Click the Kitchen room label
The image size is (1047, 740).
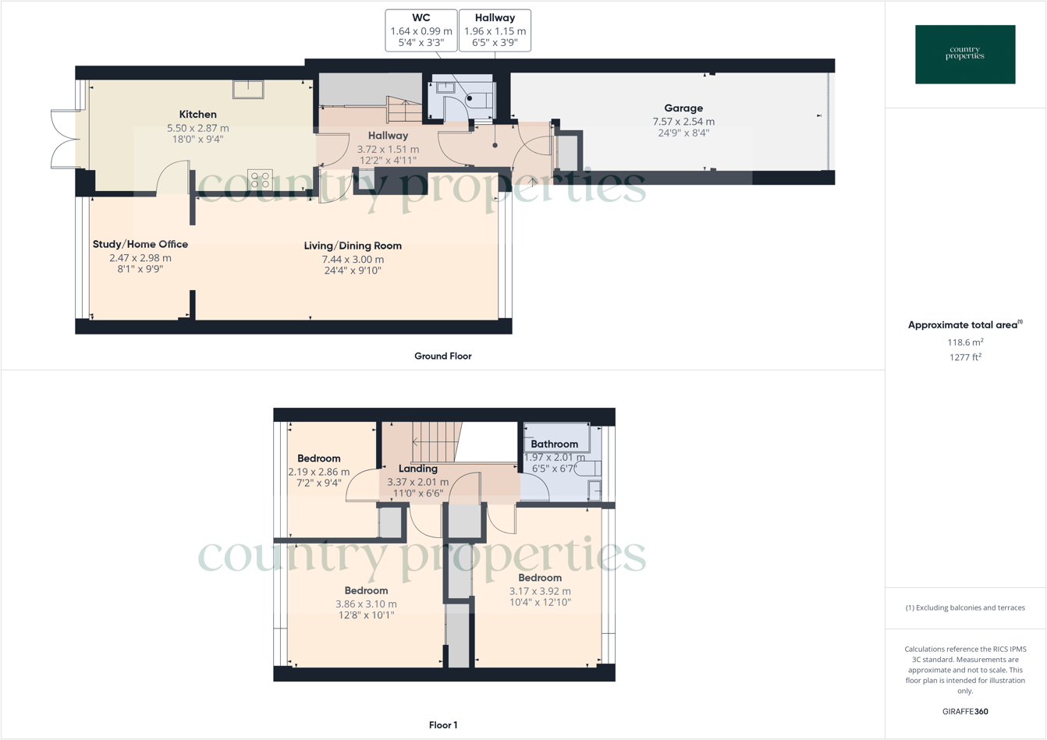197,115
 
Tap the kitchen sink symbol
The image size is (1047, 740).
248,89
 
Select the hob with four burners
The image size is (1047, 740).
260,179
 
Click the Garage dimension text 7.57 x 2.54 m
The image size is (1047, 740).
683,122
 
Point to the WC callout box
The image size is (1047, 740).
421,30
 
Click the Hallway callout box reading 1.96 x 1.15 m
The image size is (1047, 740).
495,30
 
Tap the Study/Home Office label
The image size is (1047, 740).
140,244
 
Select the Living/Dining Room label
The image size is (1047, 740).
353,246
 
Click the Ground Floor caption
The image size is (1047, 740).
442,356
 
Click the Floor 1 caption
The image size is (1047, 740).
442,725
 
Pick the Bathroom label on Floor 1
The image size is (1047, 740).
554,444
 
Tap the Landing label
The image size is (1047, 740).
418,469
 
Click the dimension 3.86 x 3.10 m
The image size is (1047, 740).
366,604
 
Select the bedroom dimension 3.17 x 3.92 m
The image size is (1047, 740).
540,591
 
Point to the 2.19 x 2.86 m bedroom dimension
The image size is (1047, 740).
318,472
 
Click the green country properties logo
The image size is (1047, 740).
965,55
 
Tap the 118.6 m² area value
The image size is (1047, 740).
965,342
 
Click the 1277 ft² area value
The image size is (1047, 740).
965,357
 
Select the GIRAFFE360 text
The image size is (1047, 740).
965,711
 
